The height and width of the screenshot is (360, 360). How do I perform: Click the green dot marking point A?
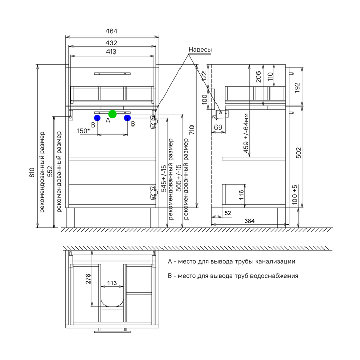tap(112, 114)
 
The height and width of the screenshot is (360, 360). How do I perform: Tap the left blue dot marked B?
tap(97, 118)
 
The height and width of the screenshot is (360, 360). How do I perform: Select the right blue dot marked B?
tap(128, 118)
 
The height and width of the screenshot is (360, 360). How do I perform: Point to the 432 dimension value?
tap(112, 43)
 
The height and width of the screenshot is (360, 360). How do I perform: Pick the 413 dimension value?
tap(112, 52)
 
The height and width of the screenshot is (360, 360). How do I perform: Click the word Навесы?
tap(200, 49)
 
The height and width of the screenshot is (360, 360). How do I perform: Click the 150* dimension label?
tap(84, 131)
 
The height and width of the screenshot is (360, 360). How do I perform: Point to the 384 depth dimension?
tap(249, 221)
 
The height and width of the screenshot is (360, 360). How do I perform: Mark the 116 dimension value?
tap(242, 195)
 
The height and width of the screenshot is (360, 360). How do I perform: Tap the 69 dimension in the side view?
tap(218, 127)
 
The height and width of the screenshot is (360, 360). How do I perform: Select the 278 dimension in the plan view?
tap(88, 279)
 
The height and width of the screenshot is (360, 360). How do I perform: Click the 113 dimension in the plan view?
tap(112, 283)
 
